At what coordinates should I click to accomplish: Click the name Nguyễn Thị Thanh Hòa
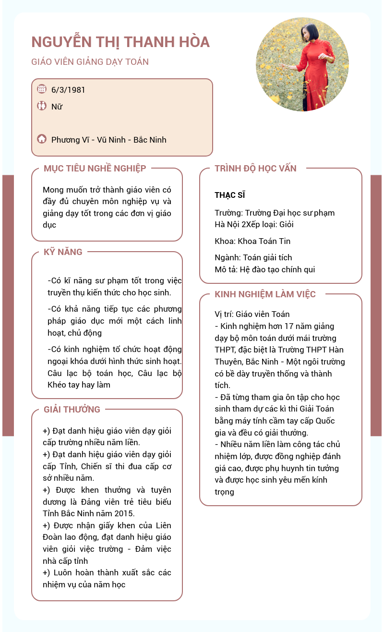[120, 42]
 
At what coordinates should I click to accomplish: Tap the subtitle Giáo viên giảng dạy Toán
[90, 62]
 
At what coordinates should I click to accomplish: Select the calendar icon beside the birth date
[42, 89]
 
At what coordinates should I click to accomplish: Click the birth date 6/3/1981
[68, 90]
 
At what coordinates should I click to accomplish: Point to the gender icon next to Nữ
[42, 106]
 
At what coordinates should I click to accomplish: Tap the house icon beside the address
[42, 139]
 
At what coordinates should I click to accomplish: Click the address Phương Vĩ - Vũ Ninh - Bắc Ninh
[109, 140]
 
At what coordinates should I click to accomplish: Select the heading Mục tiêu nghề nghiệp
[95, 168]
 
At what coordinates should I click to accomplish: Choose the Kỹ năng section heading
[63, 252]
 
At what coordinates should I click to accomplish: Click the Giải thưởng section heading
[72, 409]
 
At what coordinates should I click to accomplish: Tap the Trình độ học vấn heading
[255, 168]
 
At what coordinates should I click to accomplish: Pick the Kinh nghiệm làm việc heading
[265, 294]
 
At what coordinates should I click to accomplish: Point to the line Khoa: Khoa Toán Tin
[252, 241]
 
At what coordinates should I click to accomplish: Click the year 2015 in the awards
[125, 513]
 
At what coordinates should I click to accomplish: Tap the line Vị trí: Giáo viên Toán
[252, 314]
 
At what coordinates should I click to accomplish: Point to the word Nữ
[57, 107]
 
